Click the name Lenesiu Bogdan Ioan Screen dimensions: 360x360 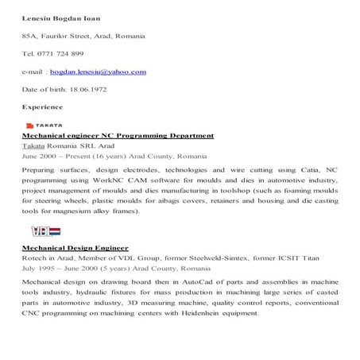(x=60, y=17)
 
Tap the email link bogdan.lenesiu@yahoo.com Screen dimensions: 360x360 (x=107, y=72)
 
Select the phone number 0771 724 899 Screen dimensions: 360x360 (x=65, y=54)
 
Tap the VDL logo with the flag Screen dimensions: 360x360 (x=45, y=231)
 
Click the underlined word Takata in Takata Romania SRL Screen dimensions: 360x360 (x=33, y=146)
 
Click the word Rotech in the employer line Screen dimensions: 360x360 (x=34, y=258)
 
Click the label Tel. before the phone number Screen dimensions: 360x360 (x=28, y=54)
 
